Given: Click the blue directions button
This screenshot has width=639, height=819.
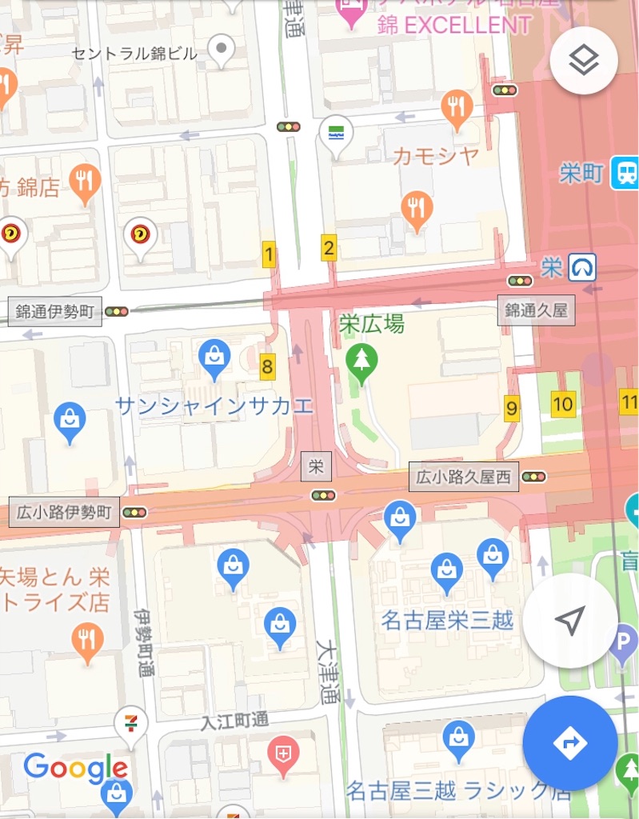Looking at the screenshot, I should coord(569,743).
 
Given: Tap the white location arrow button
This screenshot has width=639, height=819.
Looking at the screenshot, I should coord(569,620).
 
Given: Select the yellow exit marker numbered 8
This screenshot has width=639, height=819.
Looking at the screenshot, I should coord(267,368).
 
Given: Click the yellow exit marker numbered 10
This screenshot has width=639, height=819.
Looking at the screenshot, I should coord(563,404).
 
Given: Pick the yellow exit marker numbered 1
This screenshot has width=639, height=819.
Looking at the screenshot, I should coord(269,256).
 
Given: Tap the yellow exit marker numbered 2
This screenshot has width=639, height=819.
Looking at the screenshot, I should coord(328,248).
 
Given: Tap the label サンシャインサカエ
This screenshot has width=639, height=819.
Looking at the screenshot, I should coord(214,406).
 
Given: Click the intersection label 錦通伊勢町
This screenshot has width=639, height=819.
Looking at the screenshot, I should coord(56,311).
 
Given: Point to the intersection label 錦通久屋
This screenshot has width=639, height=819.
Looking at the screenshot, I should coord(536,310).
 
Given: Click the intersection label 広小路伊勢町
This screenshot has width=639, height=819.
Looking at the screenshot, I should coord(64,513).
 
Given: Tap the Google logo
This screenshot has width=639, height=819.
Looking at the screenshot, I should coord(76,769).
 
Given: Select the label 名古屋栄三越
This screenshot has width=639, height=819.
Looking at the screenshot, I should coord(447,620).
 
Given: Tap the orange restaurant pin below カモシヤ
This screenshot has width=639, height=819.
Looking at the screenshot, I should coord(417,210).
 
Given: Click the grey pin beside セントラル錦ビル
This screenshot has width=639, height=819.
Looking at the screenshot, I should coord(222,51).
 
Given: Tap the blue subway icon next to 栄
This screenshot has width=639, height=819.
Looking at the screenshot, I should coord(581,267).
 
